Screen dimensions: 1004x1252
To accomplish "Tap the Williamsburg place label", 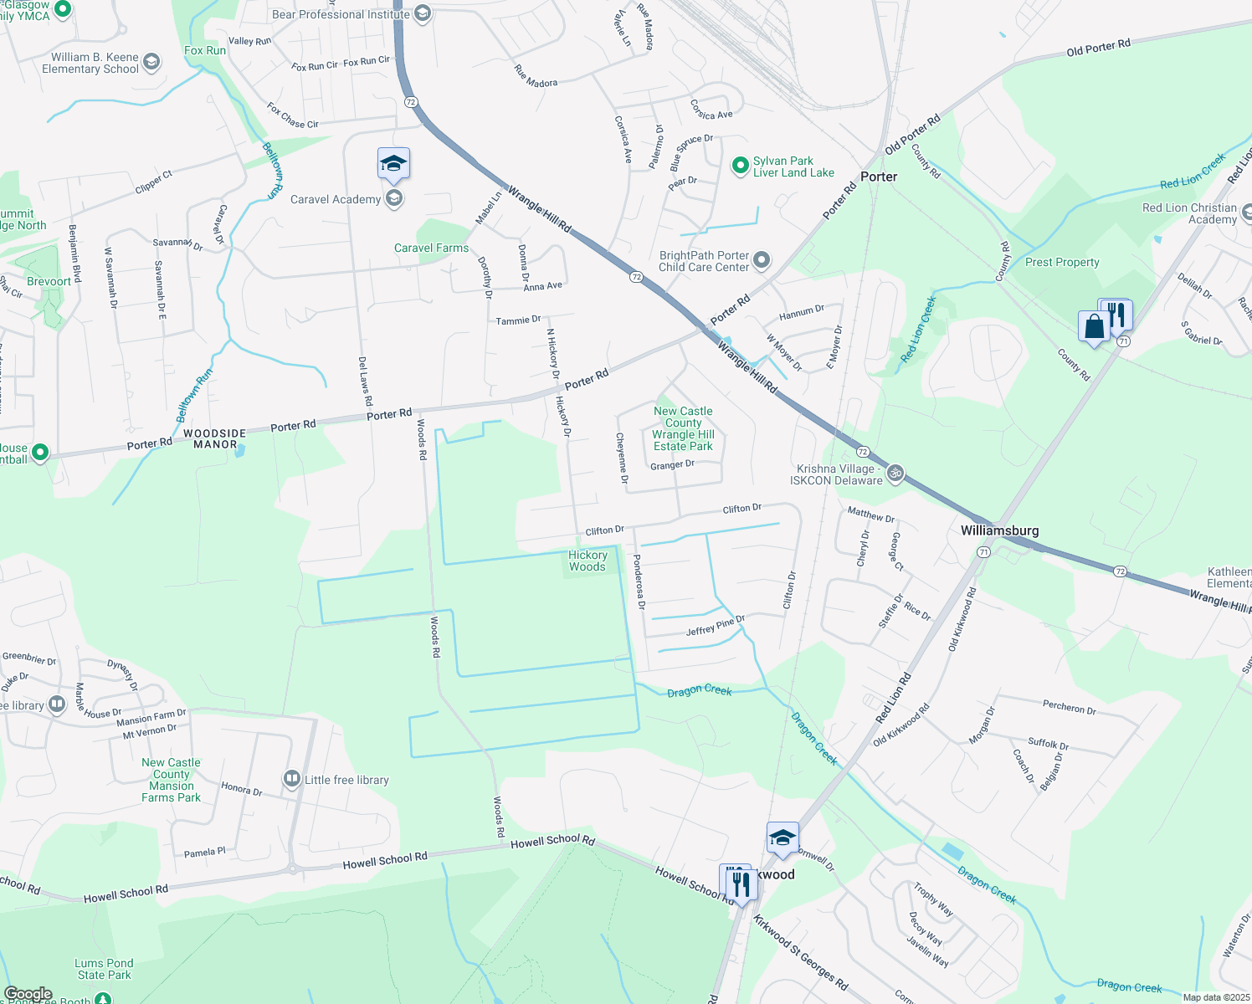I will (999, 530).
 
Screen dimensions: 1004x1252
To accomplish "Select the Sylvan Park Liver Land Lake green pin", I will (740, 166).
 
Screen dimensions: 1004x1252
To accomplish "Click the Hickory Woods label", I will (588, 561).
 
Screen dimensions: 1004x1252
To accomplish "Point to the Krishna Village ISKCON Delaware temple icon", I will (895, 474).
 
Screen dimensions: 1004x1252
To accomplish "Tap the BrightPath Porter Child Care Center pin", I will (762, 260).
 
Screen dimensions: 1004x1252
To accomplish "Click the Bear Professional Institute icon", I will (423, 14).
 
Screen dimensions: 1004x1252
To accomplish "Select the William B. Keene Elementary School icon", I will (151, 63).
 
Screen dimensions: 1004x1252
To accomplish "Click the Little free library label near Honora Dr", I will (346, 780).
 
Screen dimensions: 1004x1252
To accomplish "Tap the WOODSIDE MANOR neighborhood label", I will (215, 439).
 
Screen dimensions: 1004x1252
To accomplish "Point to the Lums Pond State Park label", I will (104, 969).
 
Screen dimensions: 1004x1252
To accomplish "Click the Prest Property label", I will (1062, 262).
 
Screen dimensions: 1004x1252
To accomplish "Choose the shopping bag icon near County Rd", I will (1094, 327).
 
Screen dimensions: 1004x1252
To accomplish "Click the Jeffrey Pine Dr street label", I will (715, 626).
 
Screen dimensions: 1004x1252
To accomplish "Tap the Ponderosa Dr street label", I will (639, 581).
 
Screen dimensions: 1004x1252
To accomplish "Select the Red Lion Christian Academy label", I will (1189, 213).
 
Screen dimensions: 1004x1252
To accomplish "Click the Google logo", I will (28, 994).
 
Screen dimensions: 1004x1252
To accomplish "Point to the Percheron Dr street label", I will (1069, 707).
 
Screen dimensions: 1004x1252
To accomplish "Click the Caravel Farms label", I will (431, 248).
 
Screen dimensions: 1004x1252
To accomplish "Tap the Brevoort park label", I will (49, 281).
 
